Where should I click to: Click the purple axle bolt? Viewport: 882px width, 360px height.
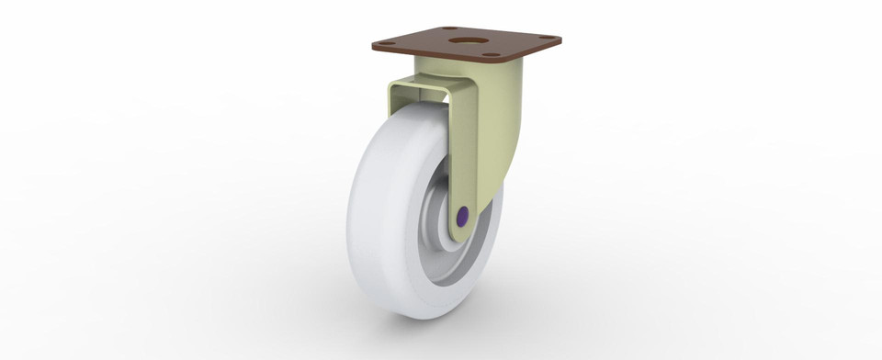[462, 217]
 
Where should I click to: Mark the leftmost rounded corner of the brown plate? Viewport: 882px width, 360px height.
[372, 45]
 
